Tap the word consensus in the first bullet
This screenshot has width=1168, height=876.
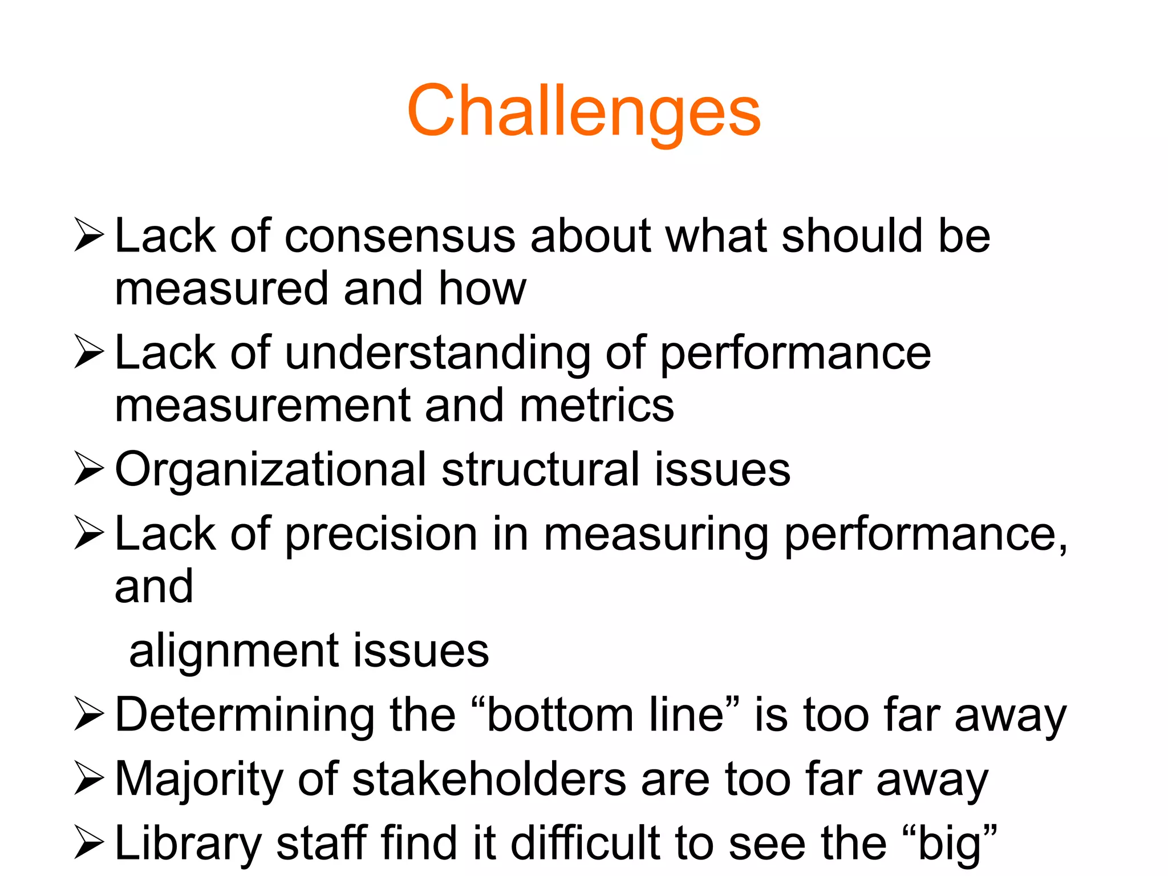tap(399, 236)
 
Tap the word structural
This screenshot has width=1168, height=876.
tap(539, 469)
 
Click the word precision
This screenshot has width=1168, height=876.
tap(381, 535)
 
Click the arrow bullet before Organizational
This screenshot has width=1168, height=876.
tap(89, 469)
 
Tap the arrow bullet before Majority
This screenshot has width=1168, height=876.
tap(89, 779)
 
